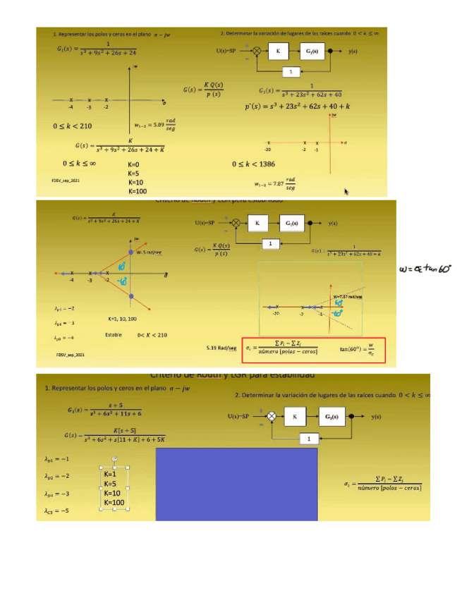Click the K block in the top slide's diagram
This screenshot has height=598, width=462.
(278, 51)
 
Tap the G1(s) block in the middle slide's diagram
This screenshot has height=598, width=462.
(291, 223)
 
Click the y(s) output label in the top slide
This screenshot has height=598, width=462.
(353, 51)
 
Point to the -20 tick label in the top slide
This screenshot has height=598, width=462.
(268, 150)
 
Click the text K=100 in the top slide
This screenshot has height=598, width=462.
(138, 191)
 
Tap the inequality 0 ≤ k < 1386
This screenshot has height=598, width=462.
(260, 164)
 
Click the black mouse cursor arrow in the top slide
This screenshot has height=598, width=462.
(347, 191)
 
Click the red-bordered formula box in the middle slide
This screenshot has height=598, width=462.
(314, 348)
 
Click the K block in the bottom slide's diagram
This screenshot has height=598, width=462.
(294, 417)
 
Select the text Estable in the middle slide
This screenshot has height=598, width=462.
(114, 334)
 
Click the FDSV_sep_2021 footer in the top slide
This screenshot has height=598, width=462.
(66, 182)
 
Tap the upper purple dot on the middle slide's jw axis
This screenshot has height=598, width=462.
(131, 251)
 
